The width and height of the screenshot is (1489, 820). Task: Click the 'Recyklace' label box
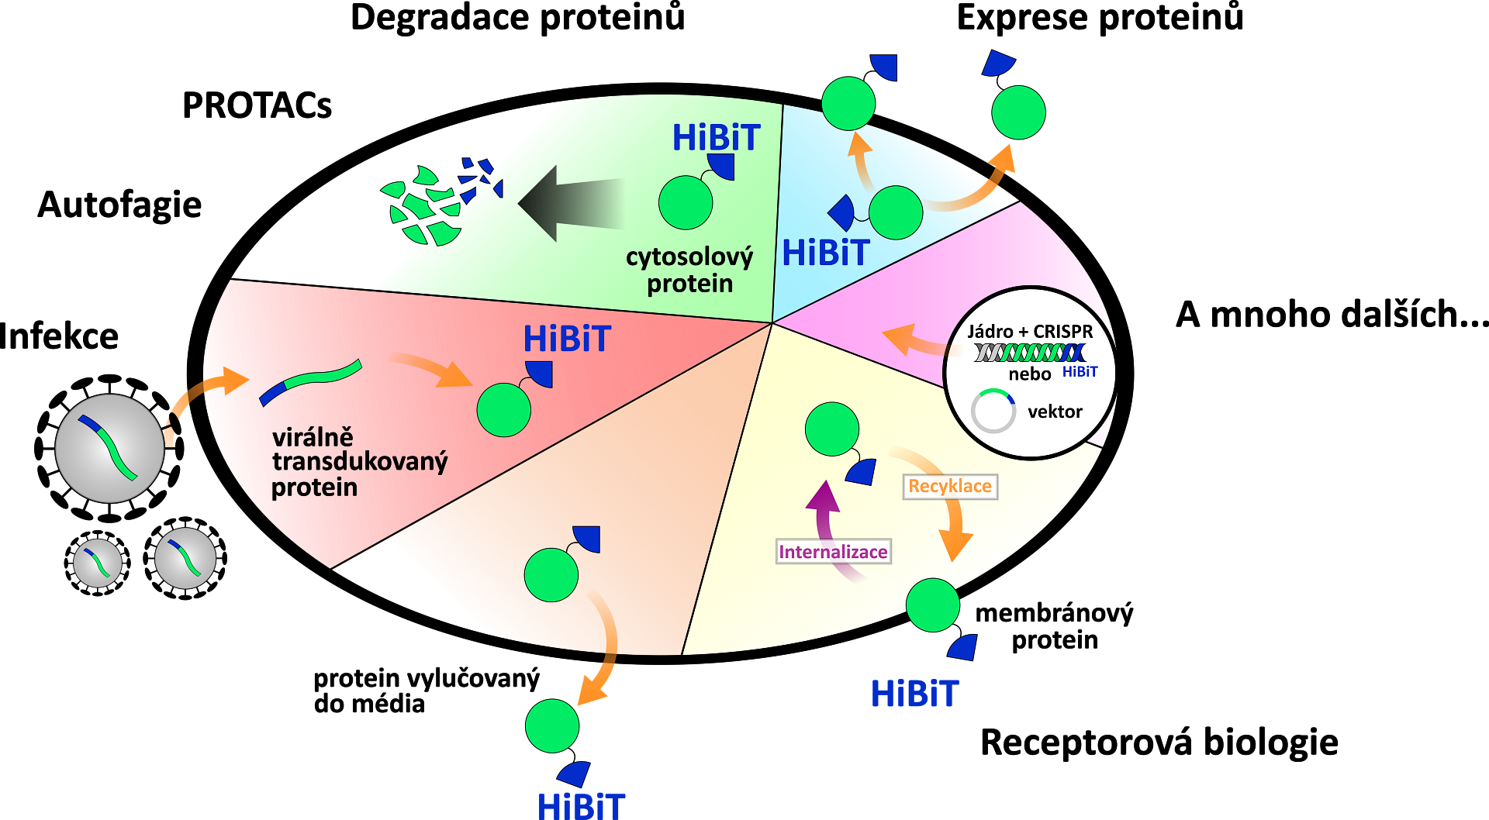[950, 487]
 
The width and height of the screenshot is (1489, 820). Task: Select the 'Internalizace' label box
[833, 552]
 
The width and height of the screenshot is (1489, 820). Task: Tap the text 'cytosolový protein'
[689, 270]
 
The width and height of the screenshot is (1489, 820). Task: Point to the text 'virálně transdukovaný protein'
[359, 462]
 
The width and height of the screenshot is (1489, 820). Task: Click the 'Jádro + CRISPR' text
[1030, 332]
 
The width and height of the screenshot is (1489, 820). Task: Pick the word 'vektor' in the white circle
[1055, 412]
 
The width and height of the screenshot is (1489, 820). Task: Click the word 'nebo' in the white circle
[1029, 374]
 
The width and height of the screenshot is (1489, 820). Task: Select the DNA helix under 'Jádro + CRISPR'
[1030, 353]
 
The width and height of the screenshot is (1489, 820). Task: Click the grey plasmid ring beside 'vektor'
[993, 411]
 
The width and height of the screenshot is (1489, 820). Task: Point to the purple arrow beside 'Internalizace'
[828, 527]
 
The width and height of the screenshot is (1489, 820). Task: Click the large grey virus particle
[109, 448]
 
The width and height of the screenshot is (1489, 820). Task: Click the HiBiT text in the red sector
[567, 339]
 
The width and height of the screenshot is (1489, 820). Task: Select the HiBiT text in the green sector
[716, 138]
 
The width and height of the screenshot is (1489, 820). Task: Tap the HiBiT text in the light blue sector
[826, 253]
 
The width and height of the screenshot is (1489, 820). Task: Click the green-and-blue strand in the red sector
[310, 381]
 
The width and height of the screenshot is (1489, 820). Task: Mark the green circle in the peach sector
[551, 575]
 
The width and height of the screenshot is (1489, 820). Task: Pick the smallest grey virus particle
[98, 563]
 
